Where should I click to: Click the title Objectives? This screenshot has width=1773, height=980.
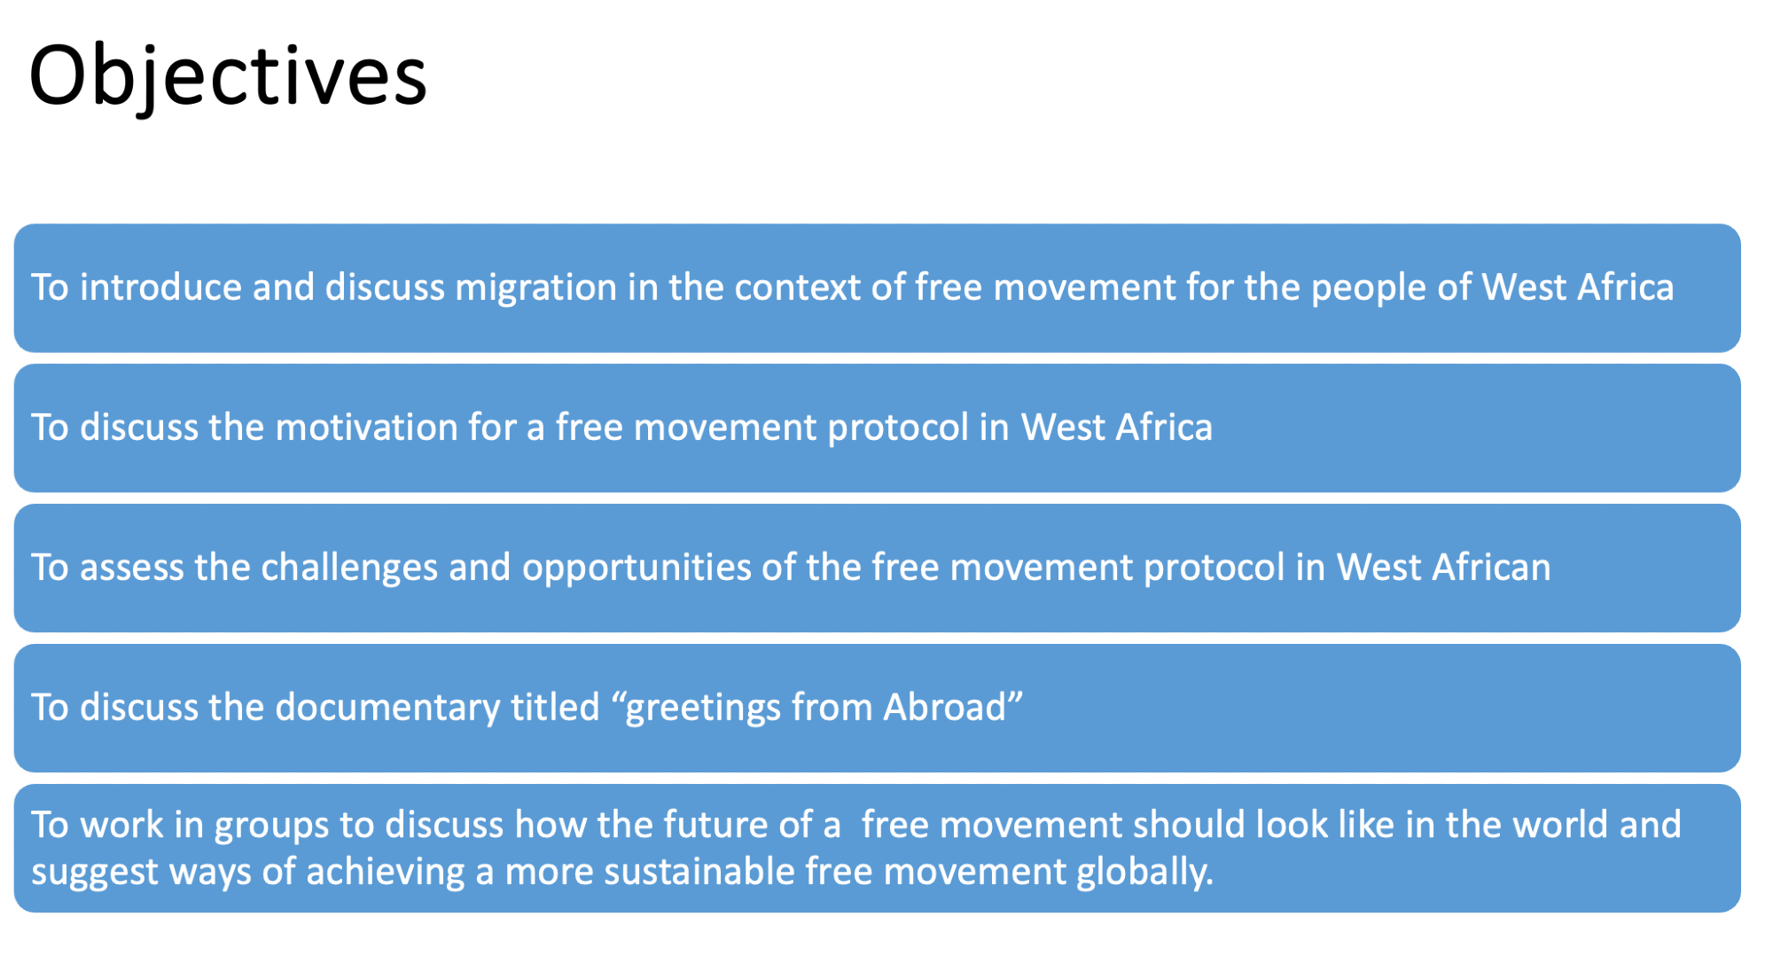(228, 77)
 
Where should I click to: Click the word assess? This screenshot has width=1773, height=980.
(132, 568)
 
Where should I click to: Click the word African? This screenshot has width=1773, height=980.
(1491, 568)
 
